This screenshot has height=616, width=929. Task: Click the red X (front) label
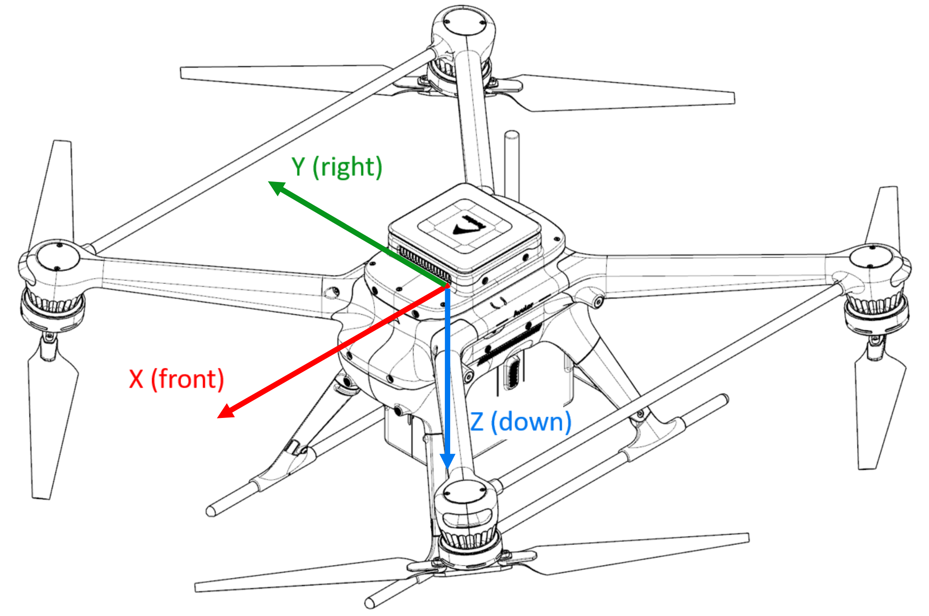point(177,380)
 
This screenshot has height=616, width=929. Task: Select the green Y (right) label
point(337,167)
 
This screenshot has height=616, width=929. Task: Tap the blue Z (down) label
point(521,422)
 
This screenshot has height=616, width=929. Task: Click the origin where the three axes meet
point(447,286)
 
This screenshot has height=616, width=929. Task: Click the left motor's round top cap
point(57,257)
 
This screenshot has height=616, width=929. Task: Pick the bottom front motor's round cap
point(465,495)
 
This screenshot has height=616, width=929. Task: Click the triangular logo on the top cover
point(467,226)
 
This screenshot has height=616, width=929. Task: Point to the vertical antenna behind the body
point(511,165)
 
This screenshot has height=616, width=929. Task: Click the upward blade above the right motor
point(883,215)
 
